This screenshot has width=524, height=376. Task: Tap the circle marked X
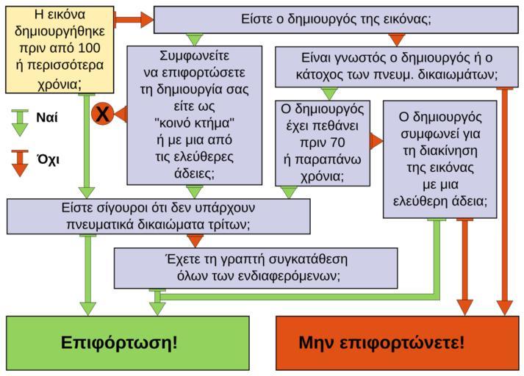pos(102,114)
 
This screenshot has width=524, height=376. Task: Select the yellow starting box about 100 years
pos(59,50)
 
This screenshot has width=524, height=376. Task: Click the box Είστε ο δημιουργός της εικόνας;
pos(336,19)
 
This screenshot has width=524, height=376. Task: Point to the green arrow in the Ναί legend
pos(20,122)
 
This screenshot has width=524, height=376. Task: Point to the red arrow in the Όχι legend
pos(20,162)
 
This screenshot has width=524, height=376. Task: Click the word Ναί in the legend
pos(47,117)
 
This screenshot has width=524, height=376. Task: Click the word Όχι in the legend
pos(47,158)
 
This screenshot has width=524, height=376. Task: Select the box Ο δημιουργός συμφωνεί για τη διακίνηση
pos(439,159)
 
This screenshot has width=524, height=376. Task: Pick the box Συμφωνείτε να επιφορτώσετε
pos(194,115)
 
